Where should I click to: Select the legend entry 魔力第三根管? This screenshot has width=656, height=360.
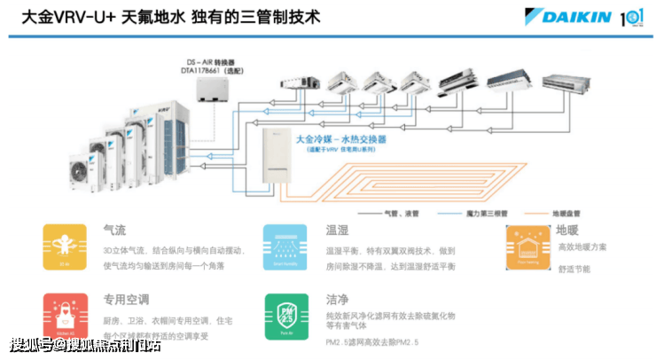(x=486, y=214)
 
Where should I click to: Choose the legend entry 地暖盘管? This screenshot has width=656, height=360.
(x=566, y=214)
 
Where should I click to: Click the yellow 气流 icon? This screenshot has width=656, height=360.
(x=65, y=246)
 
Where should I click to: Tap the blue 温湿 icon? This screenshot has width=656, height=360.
(x=285, y=246)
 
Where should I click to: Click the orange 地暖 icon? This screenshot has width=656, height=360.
(x=527, y=246)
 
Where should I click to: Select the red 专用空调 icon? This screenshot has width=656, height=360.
(x=65, y=316)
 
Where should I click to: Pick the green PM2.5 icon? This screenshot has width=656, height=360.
(x=285, y=316)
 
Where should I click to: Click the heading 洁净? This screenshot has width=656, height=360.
(x=337, y=300)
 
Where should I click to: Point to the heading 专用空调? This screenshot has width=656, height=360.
(x=125, y=300)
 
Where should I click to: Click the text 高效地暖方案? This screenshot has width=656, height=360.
(x=582, y=247)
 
